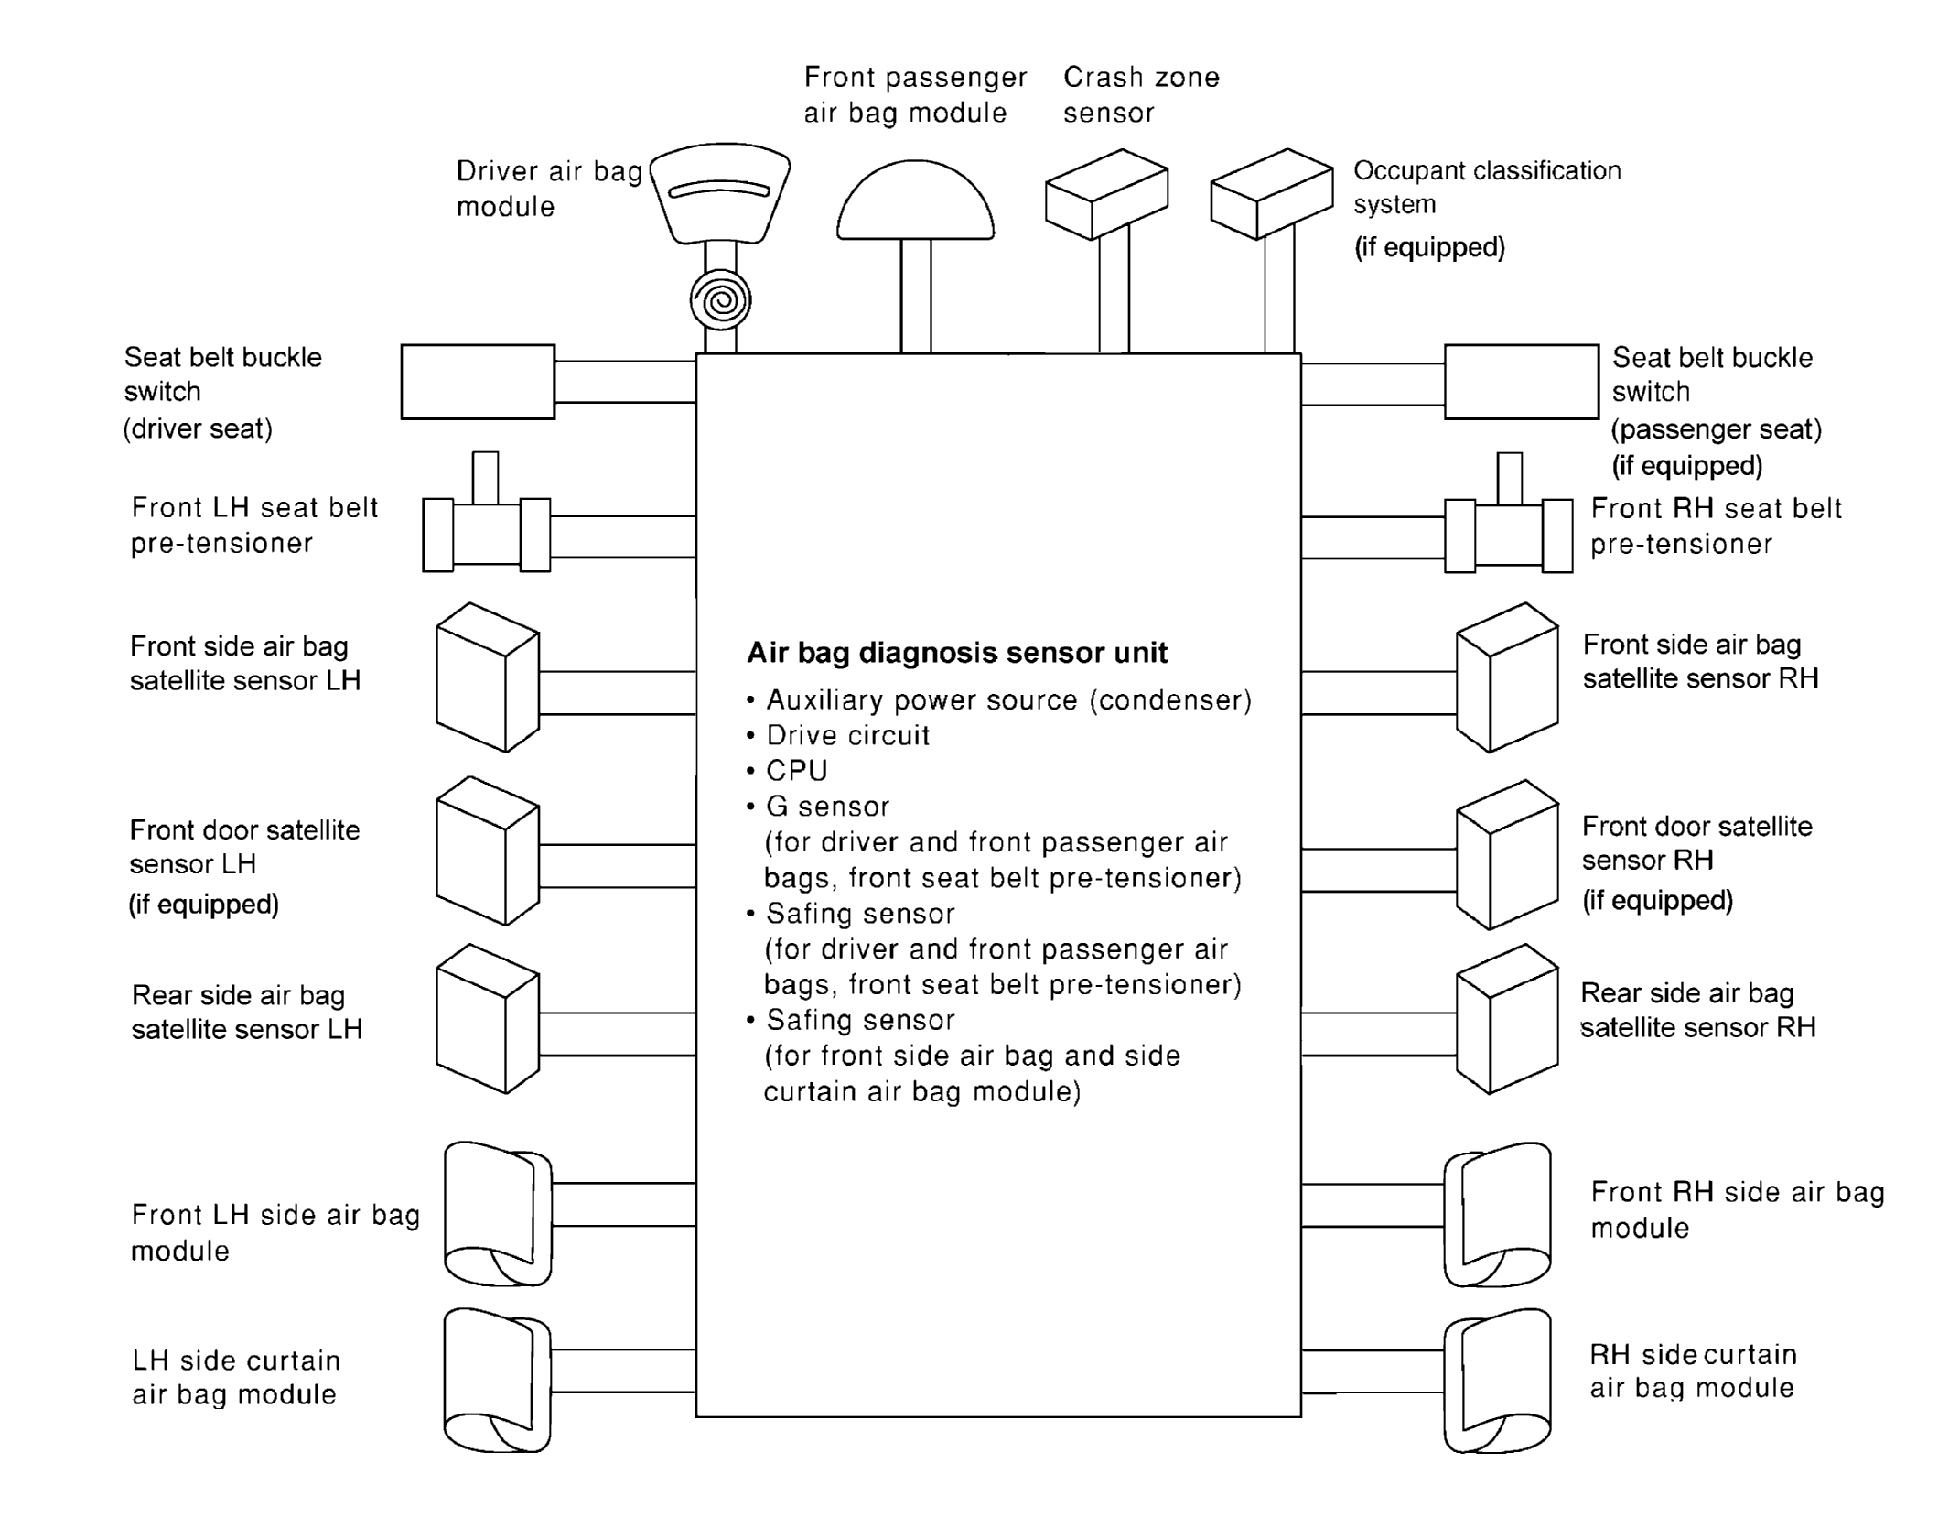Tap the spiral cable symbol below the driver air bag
click(720, 300)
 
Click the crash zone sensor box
click(1106, 194)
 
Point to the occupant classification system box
click(1271, 194)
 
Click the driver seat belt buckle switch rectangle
click(478, 382)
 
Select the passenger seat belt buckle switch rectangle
click(1522, 382)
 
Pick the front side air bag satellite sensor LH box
click(488, 677)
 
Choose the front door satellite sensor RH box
click(1507, 854)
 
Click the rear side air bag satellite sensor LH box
click(488, 1019)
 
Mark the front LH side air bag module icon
click(498, 1214)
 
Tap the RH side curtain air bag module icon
click(1498, 1381)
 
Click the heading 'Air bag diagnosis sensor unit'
click(957, 653)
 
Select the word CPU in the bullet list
click(796, 771)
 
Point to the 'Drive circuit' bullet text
click(847, 735)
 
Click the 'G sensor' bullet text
click(827, 807)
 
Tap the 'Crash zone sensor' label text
click(1141, 95)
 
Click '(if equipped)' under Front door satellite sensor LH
click(203, 905)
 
